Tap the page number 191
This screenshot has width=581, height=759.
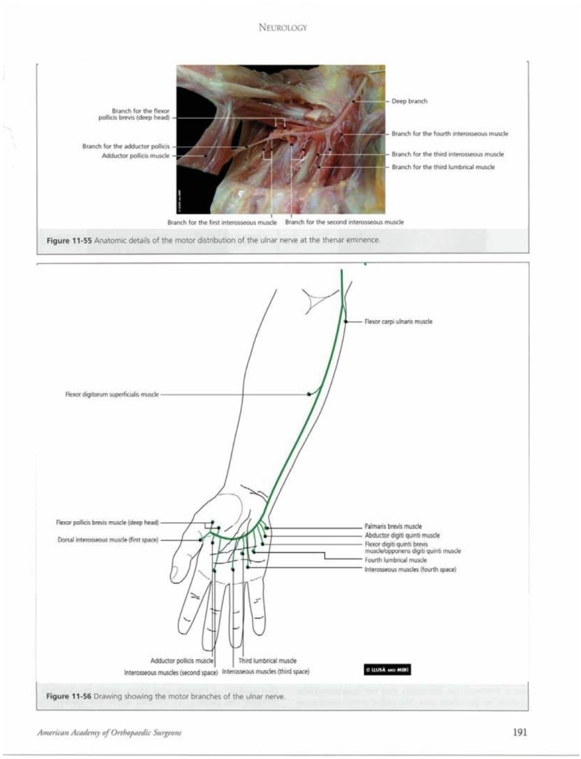click(x=519, y=732)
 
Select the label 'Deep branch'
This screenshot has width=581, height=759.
click(x=409, y=101)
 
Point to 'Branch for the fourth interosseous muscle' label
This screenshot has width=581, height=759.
click(x=450, y=133)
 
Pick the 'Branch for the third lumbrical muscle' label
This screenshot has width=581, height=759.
click(x=443, y=167)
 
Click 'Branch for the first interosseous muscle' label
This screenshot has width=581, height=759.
click(x=222, y=222)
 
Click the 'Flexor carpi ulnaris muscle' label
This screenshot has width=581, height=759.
click(x=398, y=322)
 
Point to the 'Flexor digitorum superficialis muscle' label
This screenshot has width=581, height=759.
click(x=111, y=394)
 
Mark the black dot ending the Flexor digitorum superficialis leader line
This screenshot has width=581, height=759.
click(x=309, y=394)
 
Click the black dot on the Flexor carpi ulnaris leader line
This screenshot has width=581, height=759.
click(x=347, y=321)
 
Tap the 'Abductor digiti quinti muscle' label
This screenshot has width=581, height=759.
click(x=402, y=534)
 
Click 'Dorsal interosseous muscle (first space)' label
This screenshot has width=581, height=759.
click(x=108, y=539)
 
